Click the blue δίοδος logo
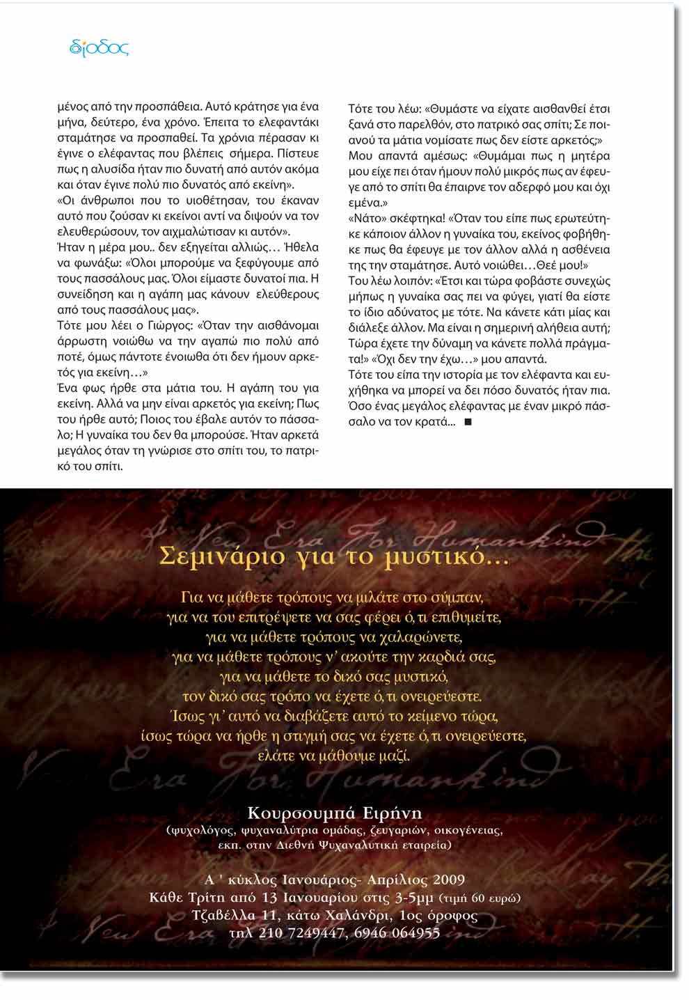tap(100, 48)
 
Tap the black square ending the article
tap(467, 421)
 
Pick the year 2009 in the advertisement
tap(448, 880)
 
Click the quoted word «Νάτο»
tap(365, 218)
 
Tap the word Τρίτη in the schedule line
tap(205, 898)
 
